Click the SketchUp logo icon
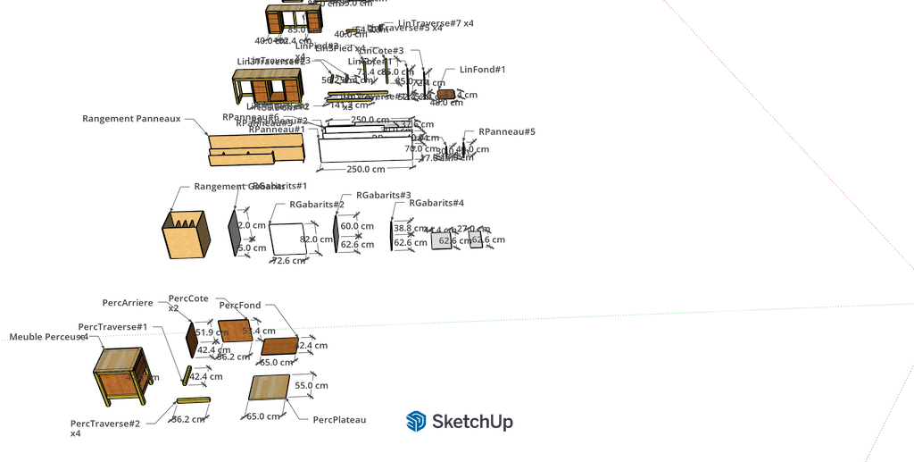415,421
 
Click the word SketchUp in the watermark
472,421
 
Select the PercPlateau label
340,419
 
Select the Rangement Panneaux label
131,118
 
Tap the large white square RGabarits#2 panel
288,239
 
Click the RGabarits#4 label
436,204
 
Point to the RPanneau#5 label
507,131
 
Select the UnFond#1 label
482,69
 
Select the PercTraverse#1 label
112,327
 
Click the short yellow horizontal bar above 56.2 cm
192,399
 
